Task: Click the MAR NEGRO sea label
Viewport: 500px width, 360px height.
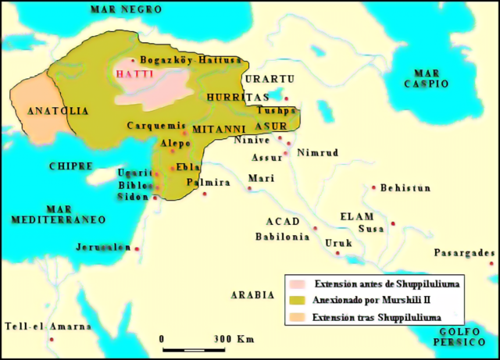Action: (126, 9)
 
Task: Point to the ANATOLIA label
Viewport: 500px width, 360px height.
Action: (57, 111)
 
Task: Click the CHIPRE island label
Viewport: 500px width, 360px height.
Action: (71, 166)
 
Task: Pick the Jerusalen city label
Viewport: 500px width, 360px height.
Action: (102, 247)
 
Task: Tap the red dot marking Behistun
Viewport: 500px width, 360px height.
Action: (374, 187)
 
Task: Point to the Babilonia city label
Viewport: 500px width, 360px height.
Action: (282, 237)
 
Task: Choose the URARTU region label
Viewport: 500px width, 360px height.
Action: (269, 80)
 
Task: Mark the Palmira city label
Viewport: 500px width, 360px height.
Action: (208, 182)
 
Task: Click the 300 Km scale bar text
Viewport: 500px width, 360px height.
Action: (234, 339)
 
